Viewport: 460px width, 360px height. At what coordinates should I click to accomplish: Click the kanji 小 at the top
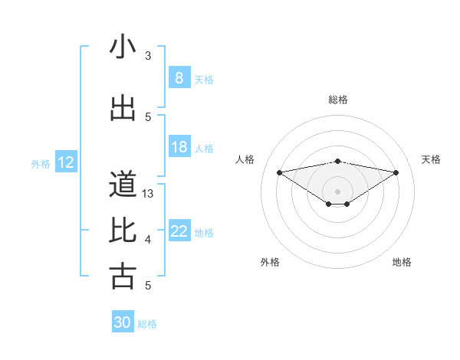[123, 47]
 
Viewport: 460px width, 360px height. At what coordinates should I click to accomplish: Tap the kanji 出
[123, 109]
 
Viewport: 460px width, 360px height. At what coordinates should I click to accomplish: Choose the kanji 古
[123, 276]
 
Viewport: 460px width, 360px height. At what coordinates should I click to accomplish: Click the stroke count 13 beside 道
[149, 194]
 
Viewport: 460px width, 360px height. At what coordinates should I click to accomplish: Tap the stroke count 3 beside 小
[149, 56]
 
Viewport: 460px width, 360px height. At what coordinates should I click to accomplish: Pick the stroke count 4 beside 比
[149, 240]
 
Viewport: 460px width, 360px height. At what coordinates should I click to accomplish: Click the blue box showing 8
[179, 77]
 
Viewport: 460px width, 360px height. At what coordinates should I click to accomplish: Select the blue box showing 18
[179, 147]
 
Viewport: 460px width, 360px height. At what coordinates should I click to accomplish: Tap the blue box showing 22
[179, 231]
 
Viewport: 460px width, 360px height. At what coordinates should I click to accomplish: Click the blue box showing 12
[66, 162]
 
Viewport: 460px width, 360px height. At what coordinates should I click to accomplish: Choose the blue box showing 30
[122, 322]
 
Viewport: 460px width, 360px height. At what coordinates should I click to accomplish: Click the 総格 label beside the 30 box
[147, 324]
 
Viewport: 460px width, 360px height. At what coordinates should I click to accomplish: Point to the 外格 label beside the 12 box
[41, 163]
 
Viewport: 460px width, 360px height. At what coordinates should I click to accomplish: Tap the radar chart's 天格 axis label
[431, 159]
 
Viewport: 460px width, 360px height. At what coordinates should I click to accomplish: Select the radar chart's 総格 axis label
[338, 100]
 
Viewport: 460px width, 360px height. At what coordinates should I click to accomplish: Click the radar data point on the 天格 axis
[396, 172]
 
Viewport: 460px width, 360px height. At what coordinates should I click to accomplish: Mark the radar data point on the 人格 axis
[279, 172]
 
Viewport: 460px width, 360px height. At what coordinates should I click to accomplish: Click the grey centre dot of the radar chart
[337, 190]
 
